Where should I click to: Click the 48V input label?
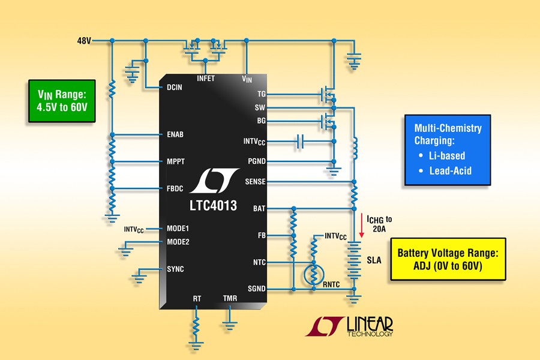pyautogui.click(x=83, y=41)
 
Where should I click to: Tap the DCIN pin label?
pyautogui.click(x=174, y=88)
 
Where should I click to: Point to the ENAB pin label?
pyautogui.click(x=174, y=134)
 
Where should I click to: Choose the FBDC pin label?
pyautogui.click(x=174, y=188)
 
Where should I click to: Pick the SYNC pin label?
pyautogui.click(x=175, y=269)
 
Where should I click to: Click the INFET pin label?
pyautogui.click(x=205, y=79)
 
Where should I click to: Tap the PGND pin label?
pyautogui.click(x=256, y=161)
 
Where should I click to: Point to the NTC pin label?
pyautogui.click(x=259, y=262)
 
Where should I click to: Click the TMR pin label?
pyautogui.click(x=230, y=298)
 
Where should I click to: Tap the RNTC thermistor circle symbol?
pyautogui.click(x=313, y=274)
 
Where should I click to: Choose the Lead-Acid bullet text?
pyautogui.click(x=450, y=171)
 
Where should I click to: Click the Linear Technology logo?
pyautogui.click(x=350, y=325)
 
